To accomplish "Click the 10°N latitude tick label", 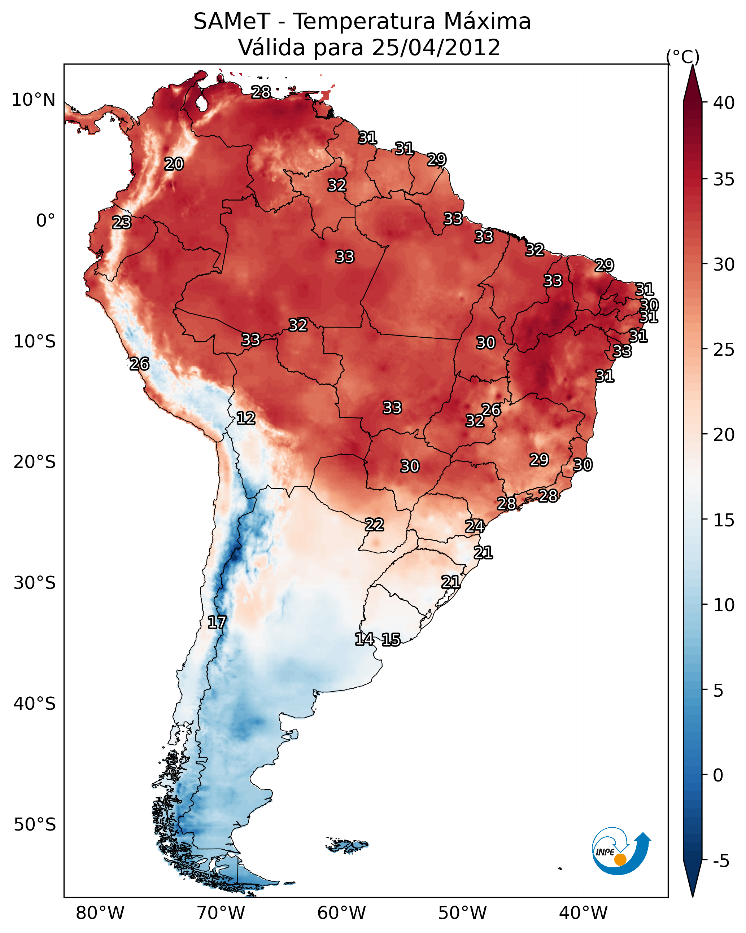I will pyautogui.click(x=33, y=100).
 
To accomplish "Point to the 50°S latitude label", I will pyautogui.click(x=35, y=825).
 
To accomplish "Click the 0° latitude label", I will pyautogui.click(x=45, y=221).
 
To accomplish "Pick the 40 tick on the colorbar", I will pyautogui.click(x=724, y=103).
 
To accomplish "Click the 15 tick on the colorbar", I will pyautogui.click(x=724, y=520).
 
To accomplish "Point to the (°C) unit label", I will pyautogui.click(x=682, y=57).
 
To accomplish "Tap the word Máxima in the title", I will pyautogui.click(x=487, y=22).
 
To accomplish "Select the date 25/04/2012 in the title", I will pyautogui.click(x=436, y=48).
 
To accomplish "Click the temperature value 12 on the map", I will pyautogui.click(x=246, y=418).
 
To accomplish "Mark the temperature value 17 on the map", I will pyautogui.click(x=217, y=622).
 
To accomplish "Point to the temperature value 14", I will pyautogui.click(x=365, y=639).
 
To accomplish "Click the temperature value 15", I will pyautogui.click(x=391, y=640).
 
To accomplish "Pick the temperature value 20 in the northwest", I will pyautogui.click(x=174, y=164).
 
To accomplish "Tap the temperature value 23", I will pyautogui.click(x=122, y=223).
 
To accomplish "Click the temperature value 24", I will pyautogui.click(x=475, y=526).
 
